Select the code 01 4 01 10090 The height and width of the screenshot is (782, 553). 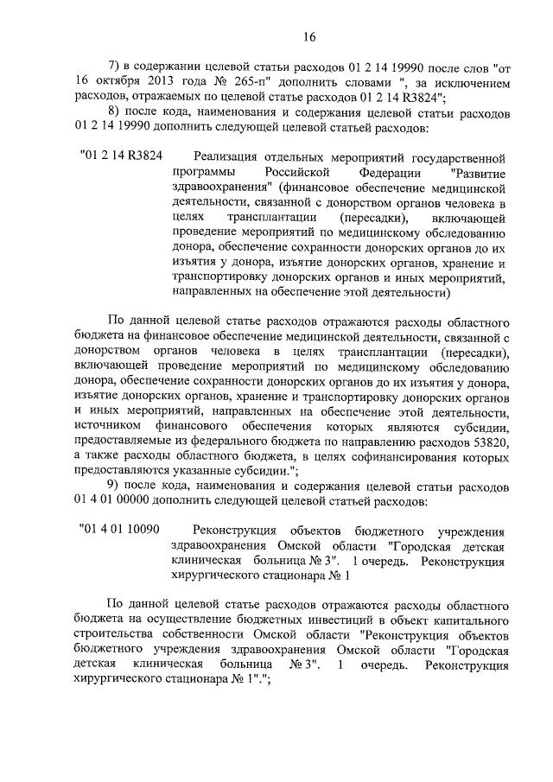pos(119,529)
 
